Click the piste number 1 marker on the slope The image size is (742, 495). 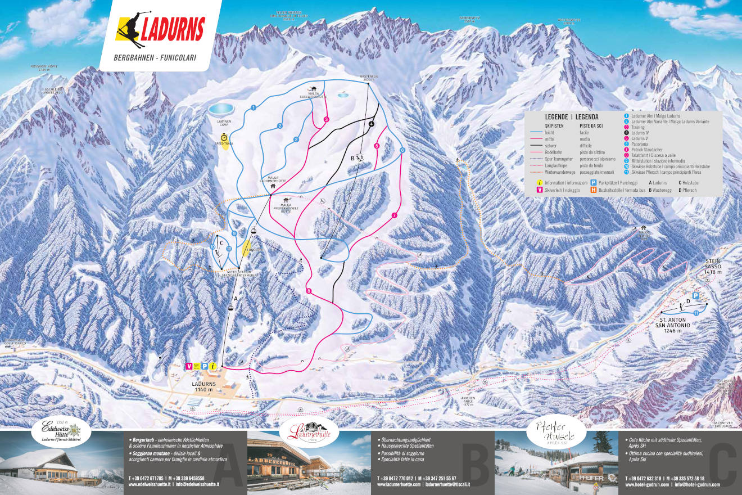click(x=254, y=107)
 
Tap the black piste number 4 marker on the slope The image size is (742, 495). click(x=372, y=124)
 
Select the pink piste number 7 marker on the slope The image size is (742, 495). click(x=394, y=215)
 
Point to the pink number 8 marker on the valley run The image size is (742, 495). click(x=309, y=290)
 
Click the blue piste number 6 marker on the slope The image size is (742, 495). click(x=402, y=150)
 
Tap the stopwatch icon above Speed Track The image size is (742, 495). click(x=224, y=137)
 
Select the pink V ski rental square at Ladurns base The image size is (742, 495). click(x=189, y=366)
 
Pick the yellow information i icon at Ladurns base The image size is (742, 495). click(x=213, y=366)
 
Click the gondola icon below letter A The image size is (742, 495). click(x=230, y=307)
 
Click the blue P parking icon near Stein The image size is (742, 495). click(x=695, y=296)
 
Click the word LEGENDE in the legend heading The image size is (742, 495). click(x=557, y=116)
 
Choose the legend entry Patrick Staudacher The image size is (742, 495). click(x=646, y=150)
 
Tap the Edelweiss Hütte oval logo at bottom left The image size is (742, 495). click(x=55, y=431)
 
